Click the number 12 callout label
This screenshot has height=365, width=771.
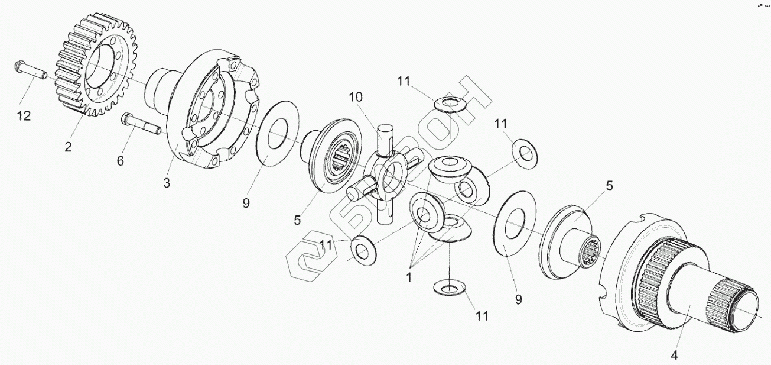[24, 117]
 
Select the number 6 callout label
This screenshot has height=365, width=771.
[121, 160]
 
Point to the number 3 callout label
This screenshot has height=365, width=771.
[167, 183]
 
